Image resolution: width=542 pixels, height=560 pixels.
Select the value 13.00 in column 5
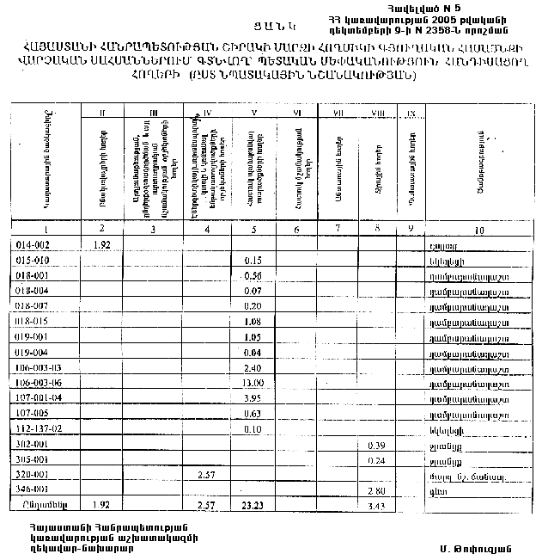[253, 382]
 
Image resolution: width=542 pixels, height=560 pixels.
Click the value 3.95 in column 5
[253, 397]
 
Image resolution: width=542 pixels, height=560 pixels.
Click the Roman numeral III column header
[153, 112]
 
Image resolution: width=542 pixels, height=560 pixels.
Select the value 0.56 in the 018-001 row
[253, 275]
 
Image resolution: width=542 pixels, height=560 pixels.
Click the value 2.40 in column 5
[253, 366]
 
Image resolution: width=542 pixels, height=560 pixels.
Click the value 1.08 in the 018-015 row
[253, 321]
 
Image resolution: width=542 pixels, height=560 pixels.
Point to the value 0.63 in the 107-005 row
[253, 413]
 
